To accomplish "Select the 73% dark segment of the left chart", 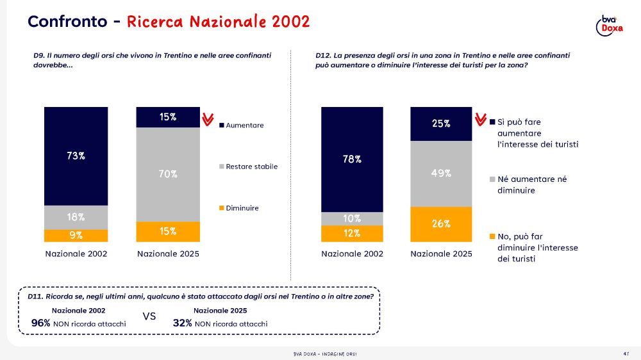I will pyautogui.click(x=76, y=156).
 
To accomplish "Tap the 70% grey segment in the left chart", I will pyautogui.click(x=168, y=174).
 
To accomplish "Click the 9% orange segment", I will pyautogui.click(x=76, y=235).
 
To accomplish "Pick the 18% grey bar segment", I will pyautogui.click(x=76, y=217).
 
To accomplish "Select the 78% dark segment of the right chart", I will pyautogui.click(x=352, y=159).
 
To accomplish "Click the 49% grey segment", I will pyautogui.click(x=441, y=173).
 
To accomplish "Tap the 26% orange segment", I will pyautogui.click(x=441, y=224).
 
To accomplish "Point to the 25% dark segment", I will pyautogui.click(x=441, y=124).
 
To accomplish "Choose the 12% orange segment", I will pyautogui.click(x=352, y=234).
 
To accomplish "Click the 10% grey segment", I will pyautogui.click(x=352, y=218).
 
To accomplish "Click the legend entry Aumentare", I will pyautogui.click(x=244, y=126).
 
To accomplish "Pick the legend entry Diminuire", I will pyautogui.click(x=242, y=208).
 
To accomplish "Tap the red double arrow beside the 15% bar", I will pyautogui.click(x=207, y=119).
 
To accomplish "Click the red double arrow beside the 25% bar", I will pyautogui.click(x=480, y=120).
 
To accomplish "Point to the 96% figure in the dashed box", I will pyautogui.click(x=41, y=323).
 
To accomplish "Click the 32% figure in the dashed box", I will pyautogui.click(x=183, y=323).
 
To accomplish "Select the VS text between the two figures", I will pyautogui.click(x=149, y=316).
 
